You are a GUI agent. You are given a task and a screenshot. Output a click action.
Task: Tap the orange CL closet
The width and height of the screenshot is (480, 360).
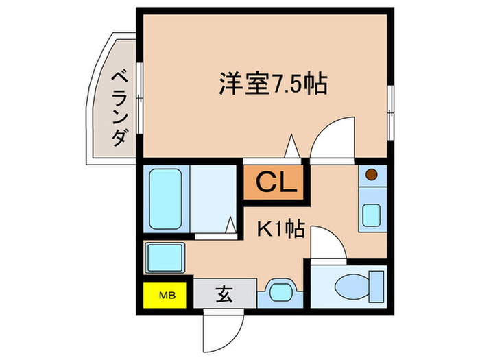point(272,182)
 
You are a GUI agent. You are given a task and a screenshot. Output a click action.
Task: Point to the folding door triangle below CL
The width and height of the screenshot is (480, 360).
point(232,224)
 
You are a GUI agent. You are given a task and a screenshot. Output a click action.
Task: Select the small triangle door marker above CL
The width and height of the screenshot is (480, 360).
point(291,146)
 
